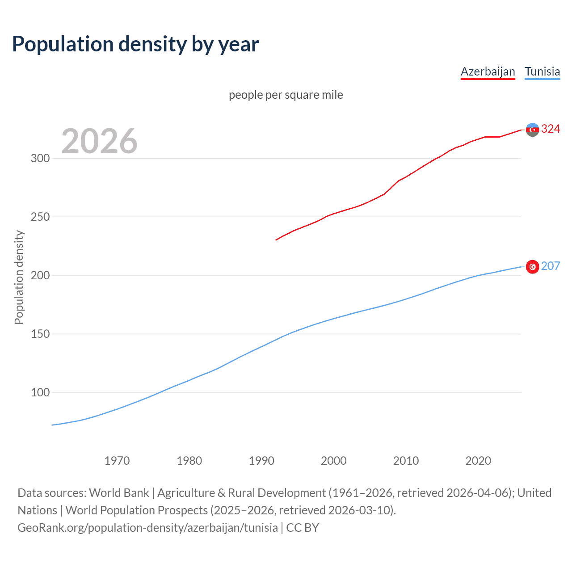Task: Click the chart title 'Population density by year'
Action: pyautogui.click(x=135, y=44)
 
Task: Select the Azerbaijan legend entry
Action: pyautogui.click(x=488, y=71)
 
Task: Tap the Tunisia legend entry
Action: pyautogui.click(x=542, y=71)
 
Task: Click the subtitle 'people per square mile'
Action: pyautogui.click(x=286, y=95)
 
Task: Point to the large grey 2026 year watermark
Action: pyautogui.click(x=99, y=141)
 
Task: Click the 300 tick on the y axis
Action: pyautogui.click(x=40, y=158)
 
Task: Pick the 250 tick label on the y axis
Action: pyautogui.click(x=40, y=217)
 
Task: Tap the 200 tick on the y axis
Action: pyautogui.click(x=40, y=275)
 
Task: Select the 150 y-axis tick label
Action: pyautogui.click(x=40, y=334)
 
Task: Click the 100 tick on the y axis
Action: pyautogui.click(x=40, y=392)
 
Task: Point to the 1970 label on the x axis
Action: pyautogui.click(x=117, y=461)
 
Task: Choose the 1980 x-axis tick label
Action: pyautogui.click(x=189, y=461)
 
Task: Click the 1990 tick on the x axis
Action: pyautogui.click(x=261, y=461)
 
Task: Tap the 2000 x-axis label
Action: pyautogui.click(x=334, y=461)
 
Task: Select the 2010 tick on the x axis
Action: pyautogui.click(x=406, y=461)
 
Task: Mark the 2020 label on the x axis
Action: pyautogui.click(x=478, y=461)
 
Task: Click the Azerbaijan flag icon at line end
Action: pyautogui.click(x=532, y=130)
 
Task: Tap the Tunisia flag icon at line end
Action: pyautogui.click(x=532, y=267)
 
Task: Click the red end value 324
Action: pyautogui.click(x=551, y=129)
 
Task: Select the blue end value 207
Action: pyautogui.click(x=551, y=266)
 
